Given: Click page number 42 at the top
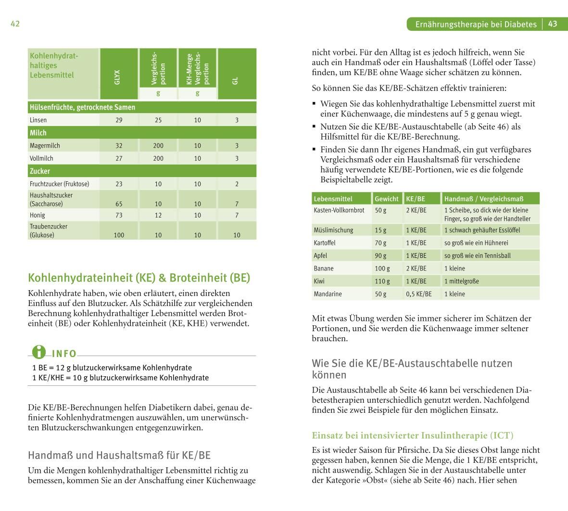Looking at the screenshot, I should pyautogui.click(x=15, y=24).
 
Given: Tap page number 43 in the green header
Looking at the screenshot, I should pyautogui.click(x=553, y=24).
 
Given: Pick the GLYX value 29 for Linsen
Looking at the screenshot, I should pyautogui.click(x=119, y=120).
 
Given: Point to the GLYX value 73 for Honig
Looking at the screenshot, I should pyautogui.click(x=119, y=215).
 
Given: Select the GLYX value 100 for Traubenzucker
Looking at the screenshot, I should pyautogui.click(x=119, y=235).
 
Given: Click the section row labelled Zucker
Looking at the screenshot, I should pyautogui.click(x=40, y=171).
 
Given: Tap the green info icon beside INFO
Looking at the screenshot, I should pyautogui.click(x=39, y=353).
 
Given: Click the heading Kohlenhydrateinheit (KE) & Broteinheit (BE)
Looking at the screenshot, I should pyautogui.click(x=139, y=278).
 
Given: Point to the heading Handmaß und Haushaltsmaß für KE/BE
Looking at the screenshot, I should pyautogui.click(x=119, y=455).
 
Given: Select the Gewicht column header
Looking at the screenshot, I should pyautogui.click(x=387, y=199).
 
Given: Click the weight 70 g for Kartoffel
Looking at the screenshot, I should pyautogui.click(x=380, y=243).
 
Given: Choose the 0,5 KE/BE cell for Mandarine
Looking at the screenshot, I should pyautogui.click(x=418, y=294).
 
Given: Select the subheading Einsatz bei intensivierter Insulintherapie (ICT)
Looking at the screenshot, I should pyautogui.click(x=413, y=435).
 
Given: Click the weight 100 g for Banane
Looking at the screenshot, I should pyautogui.click(x=382, y=268).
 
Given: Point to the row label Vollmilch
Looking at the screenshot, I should pyautogui.click(x=41, y=158).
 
